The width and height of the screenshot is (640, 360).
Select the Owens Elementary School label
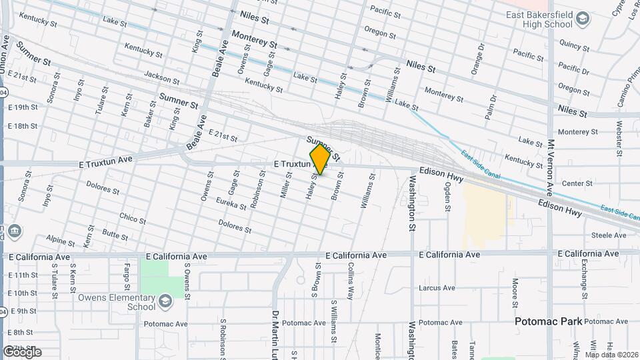pyautogui.click(x=110, y=302)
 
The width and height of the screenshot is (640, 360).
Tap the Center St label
pyautogui.click(x=577, y=183)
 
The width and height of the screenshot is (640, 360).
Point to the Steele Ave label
pyautogui.click(x=609, y=235)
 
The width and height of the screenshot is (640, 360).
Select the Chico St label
pyautogui.click(x=133, y=217)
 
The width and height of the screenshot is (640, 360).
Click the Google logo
pyautogui.click(x=22, y=352)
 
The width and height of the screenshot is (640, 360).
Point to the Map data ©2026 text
pyautogui.click(x=610, y=355)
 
